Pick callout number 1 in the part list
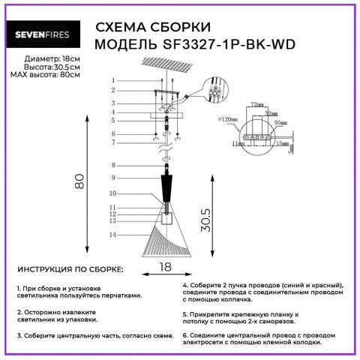click(x=112, y=80)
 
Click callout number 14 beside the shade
click(x=112, y=235)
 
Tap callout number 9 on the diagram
click(x=112, y=178)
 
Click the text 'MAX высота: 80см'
click(x=46, y=75)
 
